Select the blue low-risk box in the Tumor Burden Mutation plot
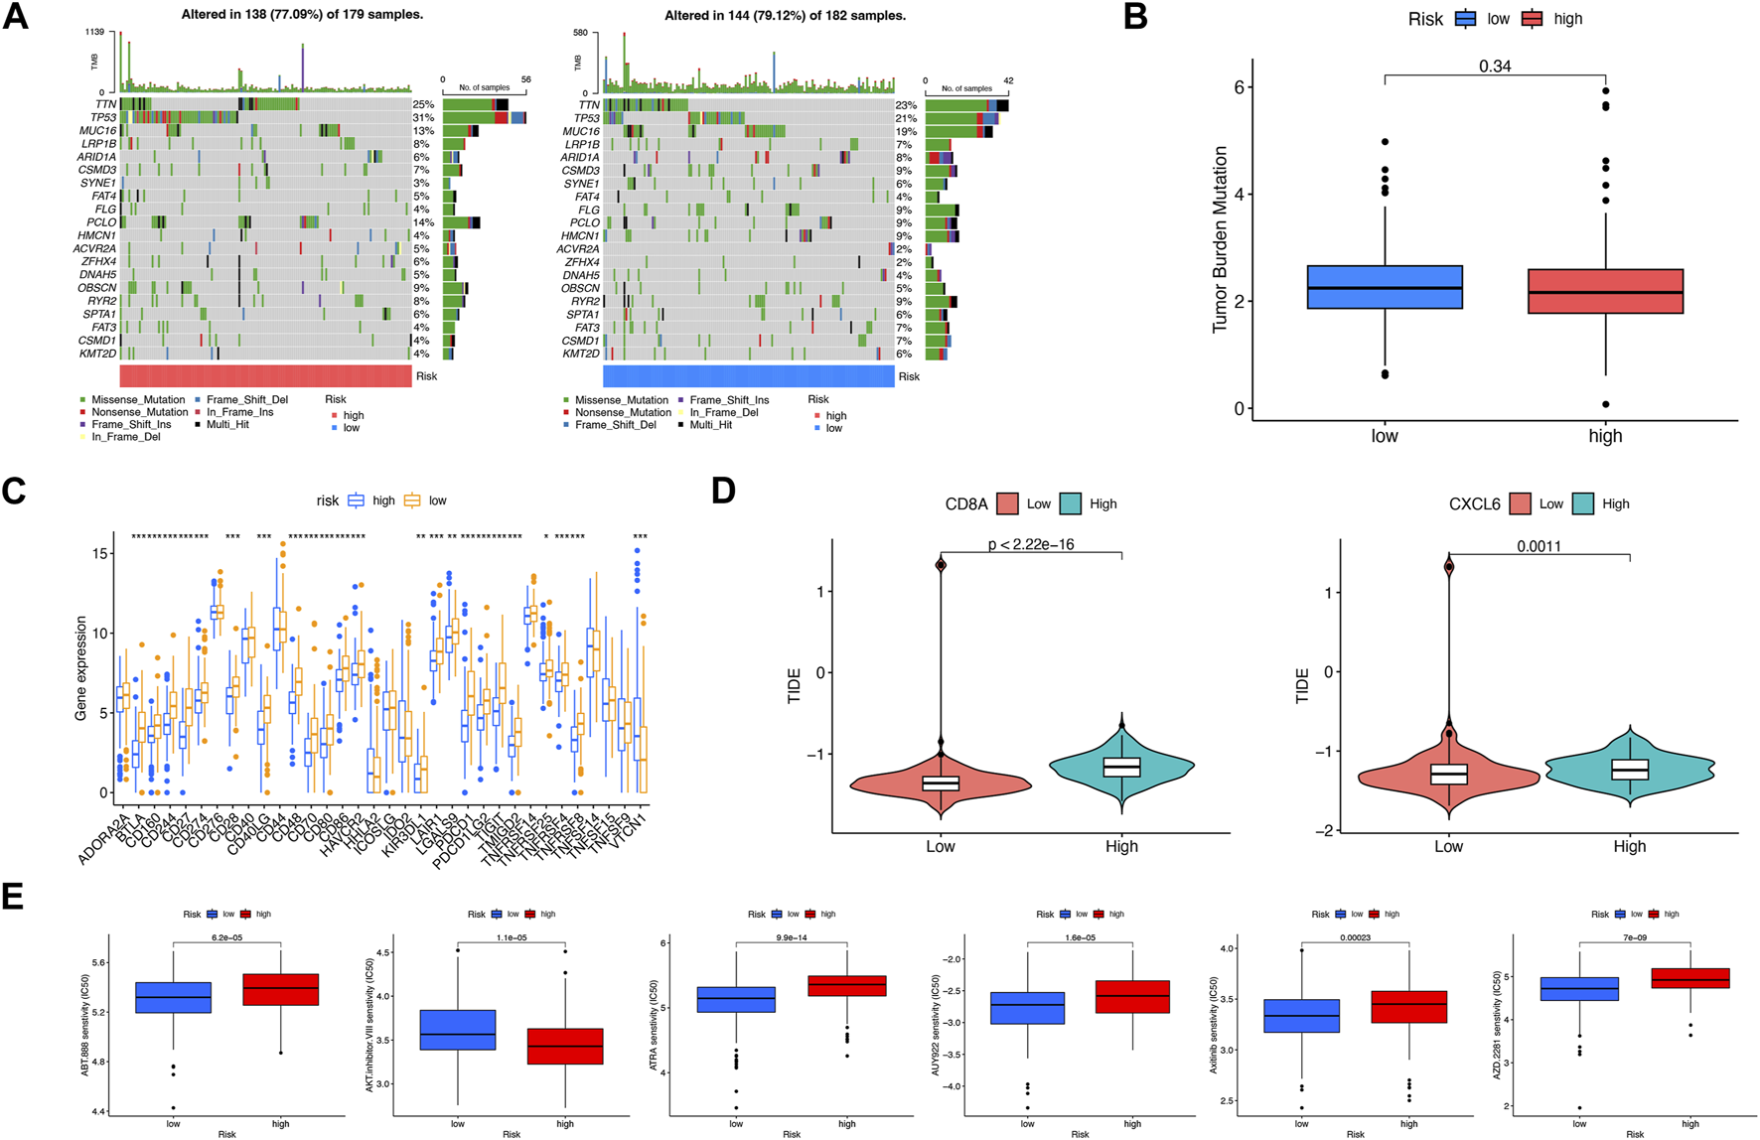coord(1385,287)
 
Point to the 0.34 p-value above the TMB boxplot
coord(1495,67)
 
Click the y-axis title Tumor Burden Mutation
coord(1220,239)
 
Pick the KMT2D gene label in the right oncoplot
coord(582,354)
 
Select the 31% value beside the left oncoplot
coord(423,118)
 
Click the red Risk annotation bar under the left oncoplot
coord(265,376)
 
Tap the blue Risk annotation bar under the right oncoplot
coord(748,376)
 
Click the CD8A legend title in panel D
coord(966,504)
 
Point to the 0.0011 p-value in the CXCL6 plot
coord(1539,546)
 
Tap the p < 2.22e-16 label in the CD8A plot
coord(1030,544)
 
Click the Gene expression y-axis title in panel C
coord(82,667)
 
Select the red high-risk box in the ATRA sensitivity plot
coord(847,985)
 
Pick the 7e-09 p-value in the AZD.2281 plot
coord(1634,936)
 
